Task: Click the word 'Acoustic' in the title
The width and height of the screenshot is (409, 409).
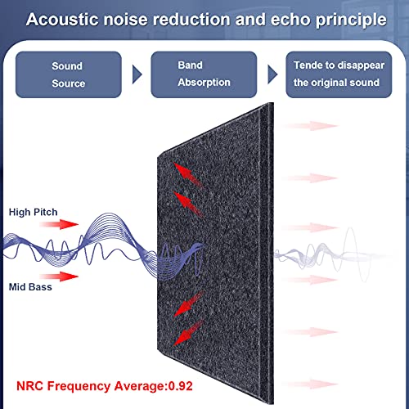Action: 62,20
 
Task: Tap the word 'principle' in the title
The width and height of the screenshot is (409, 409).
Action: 351,20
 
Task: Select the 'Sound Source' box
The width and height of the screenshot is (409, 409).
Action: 69,74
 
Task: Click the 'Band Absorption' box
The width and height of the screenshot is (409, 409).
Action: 204,74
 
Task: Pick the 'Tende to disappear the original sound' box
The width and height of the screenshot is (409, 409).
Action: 339,74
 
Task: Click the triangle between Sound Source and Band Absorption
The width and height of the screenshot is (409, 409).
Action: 137,74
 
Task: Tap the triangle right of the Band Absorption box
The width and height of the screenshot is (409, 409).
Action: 272,74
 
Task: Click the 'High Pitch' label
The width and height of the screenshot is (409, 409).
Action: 33,212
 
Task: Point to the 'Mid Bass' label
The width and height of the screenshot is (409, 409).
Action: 30,287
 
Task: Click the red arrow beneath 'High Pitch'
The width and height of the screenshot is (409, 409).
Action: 59,224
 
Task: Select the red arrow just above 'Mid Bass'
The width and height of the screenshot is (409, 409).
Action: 59,276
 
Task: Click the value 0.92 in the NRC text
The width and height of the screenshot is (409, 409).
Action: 181,386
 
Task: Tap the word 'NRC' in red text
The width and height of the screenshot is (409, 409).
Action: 29,386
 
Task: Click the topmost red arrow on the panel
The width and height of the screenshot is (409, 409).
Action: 188,175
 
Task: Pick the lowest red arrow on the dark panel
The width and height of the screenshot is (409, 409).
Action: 188,333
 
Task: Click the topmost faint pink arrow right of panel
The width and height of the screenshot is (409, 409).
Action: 310,126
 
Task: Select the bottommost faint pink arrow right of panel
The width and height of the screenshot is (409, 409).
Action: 310,384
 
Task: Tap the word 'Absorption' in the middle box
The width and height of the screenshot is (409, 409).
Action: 204,83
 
